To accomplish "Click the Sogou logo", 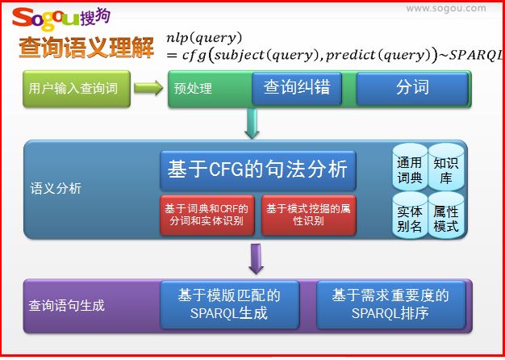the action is [61, 19].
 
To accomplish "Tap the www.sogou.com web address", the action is [446, 8].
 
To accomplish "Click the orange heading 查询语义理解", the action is [86, 48].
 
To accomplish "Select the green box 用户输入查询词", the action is [77, 89].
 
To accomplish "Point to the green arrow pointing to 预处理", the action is [148, 88].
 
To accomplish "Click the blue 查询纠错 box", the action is [297, 88].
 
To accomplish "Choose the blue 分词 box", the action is [412, 88].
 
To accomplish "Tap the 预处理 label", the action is [193, 89].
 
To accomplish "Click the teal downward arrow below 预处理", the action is [252, 123].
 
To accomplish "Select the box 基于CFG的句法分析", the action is [257, 170].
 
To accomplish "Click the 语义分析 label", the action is [56, 189].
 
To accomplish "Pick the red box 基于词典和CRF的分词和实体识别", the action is [207, 215].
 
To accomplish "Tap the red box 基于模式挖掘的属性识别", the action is [308, 215].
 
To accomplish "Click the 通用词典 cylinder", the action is [410, 167].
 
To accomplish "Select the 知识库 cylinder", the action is [446, 167].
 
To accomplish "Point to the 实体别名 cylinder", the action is [410, 216].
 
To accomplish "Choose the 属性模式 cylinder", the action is [446, 216].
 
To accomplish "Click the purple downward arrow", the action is [257, 259].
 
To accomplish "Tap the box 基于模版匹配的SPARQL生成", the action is [230, 304].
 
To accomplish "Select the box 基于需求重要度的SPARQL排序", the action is [391, 304].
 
